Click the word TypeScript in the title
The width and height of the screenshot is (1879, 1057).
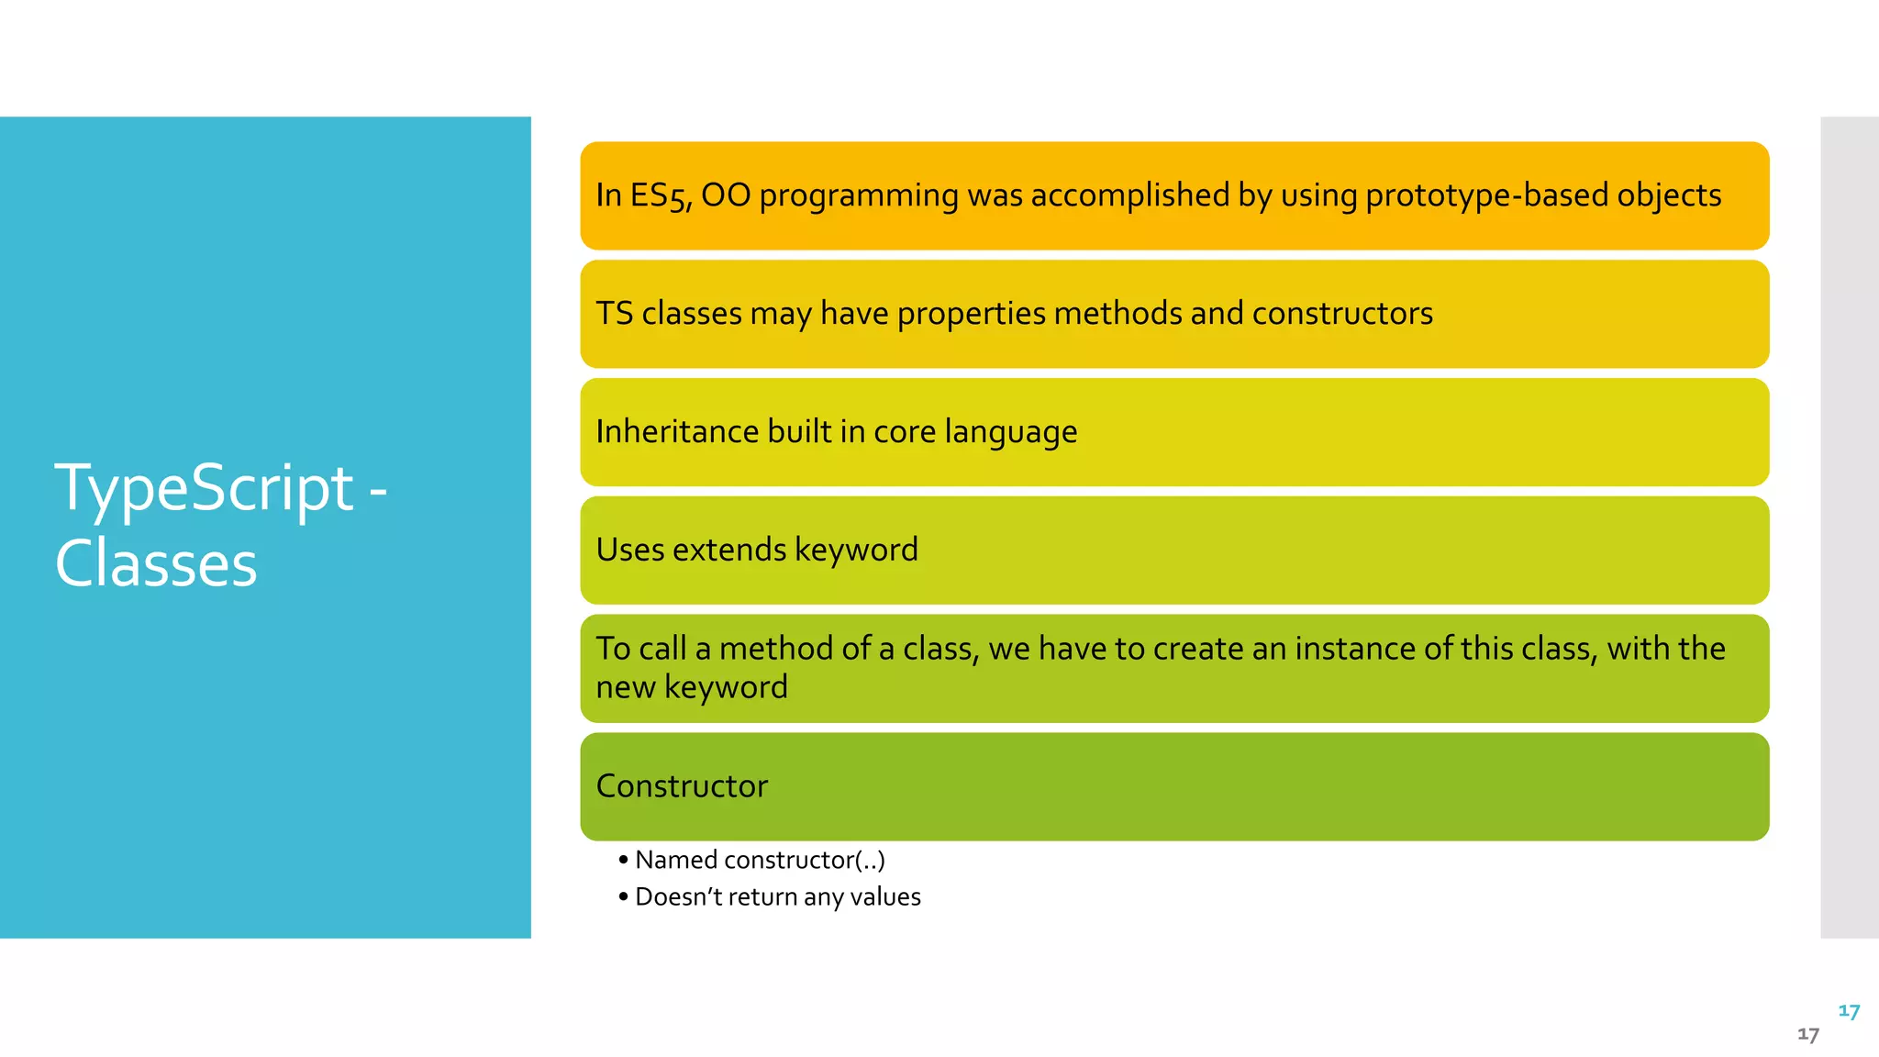pos(204,488)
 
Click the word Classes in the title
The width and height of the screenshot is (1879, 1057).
pos(156,563)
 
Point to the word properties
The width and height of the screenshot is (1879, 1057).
pos(971,314)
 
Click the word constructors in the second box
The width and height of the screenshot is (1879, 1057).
pos(1341,314)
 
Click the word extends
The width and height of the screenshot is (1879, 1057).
pos(730,550)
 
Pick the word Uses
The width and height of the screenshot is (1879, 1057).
pos(629,550)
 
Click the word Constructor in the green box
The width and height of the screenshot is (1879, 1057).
pos(682,786)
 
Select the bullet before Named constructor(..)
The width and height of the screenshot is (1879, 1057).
pos(624,861)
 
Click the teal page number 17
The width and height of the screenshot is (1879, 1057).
pos(1849,1011)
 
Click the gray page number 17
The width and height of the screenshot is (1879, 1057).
pos(1807,1035)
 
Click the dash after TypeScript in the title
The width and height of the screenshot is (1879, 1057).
pos(377,492)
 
